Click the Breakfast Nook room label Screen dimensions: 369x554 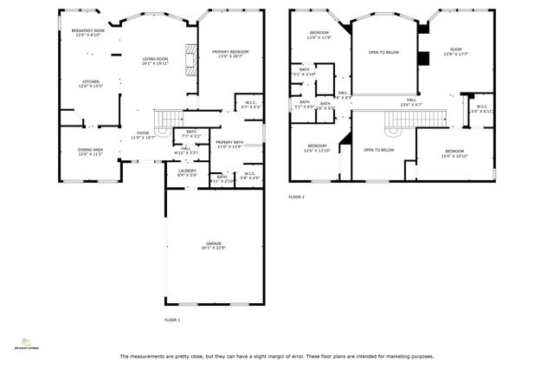(x=87, y=33)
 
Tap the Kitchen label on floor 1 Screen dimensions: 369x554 (x=90, y=84)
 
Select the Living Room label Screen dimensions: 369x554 (x=155, y=61)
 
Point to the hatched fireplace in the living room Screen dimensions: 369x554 (x=190, y=61)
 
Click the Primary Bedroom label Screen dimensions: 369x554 (x=230, y=54)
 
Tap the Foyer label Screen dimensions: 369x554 (x=143, y=135)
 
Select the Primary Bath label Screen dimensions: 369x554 (x=229, y=145)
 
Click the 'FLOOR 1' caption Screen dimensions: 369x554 (x=172, y=320)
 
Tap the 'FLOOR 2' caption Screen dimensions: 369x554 (x=297, y=197)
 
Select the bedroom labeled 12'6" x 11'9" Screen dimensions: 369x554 (x=319, y=36)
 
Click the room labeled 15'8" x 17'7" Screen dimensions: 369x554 (x=455, y=52)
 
